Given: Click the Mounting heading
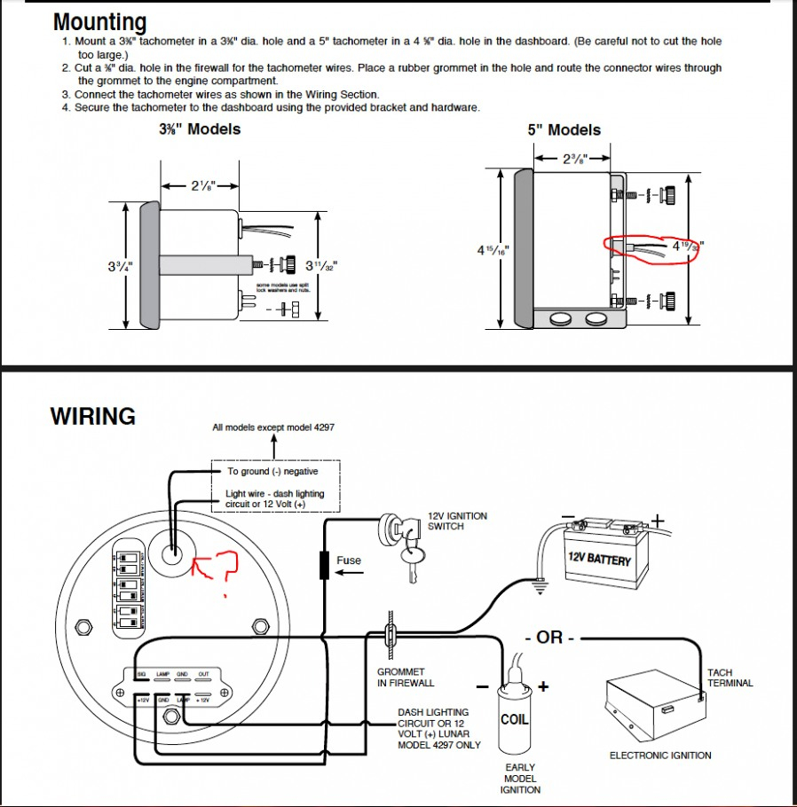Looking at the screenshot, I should pos(100,22).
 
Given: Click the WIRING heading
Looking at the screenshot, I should pos(93,416).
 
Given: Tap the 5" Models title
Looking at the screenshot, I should pos(564,130).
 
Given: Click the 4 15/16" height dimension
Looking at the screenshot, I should pos(493,250).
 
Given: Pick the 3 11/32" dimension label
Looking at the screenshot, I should pos(320,265).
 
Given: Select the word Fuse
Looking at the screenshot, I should pos(349,560).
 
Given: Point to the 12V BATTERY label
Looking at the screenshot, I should pos(599,560).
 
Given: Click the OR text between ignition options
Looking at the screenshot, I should pos(550,638).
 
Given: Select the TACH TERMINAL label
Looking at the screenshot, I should pos(730,678).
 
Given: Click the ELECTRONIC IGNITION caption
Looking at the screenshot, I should pos(660,756).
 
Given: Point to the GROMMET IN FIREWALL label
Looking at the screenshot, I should pos(406,678).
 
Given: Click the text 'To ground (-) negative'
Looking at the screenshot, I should pos(272,472).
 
